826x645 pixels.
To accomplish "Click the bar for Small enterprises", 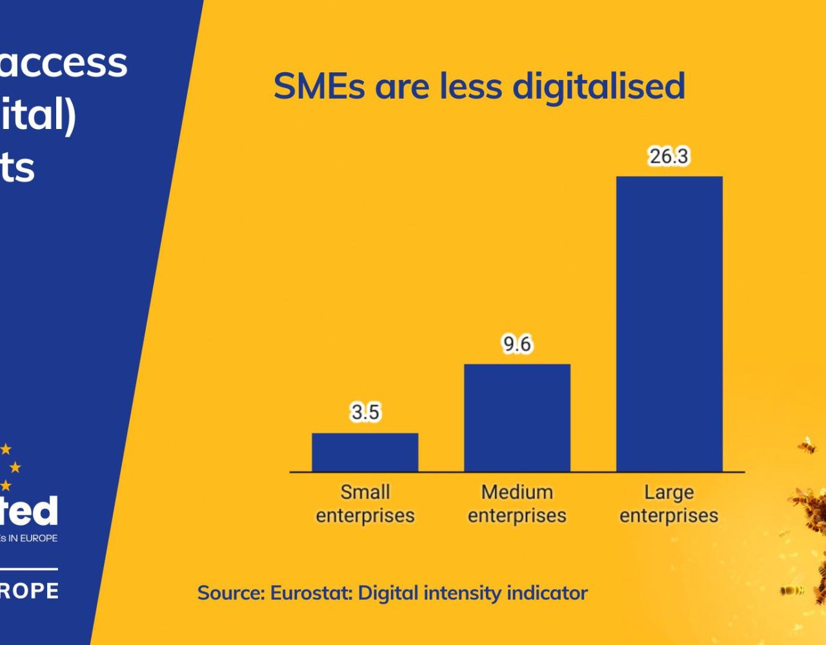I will [365, 452].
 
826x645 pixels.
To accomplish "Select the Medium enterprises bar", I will [517, 418].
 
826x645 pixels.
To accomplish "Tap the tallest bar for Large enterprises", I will [669, 324].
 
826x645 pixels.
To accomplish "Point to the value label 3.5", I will [365, 412].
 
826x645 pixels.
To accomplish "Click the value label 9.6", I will [517, 344].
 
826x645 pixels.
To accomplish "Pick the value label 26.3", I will [669, 156].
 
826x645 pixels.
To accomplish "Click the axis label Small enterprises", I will [365, 504].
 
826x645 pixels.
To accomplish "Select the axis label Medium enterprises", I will [517, 504].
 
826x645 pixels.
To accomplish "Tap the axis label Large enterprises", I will [669, 504].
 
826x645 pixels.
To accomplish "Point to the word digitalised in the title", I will [598, 86].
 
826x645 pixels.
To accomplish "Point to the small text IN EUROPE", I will [32, 538].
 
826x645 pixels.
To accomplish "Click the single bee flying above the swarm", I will [807, 445].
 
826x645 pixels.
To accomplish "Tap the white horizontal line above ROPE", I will [28, 569].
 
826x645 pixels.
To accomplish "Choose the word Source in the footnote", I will [230, 593].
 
